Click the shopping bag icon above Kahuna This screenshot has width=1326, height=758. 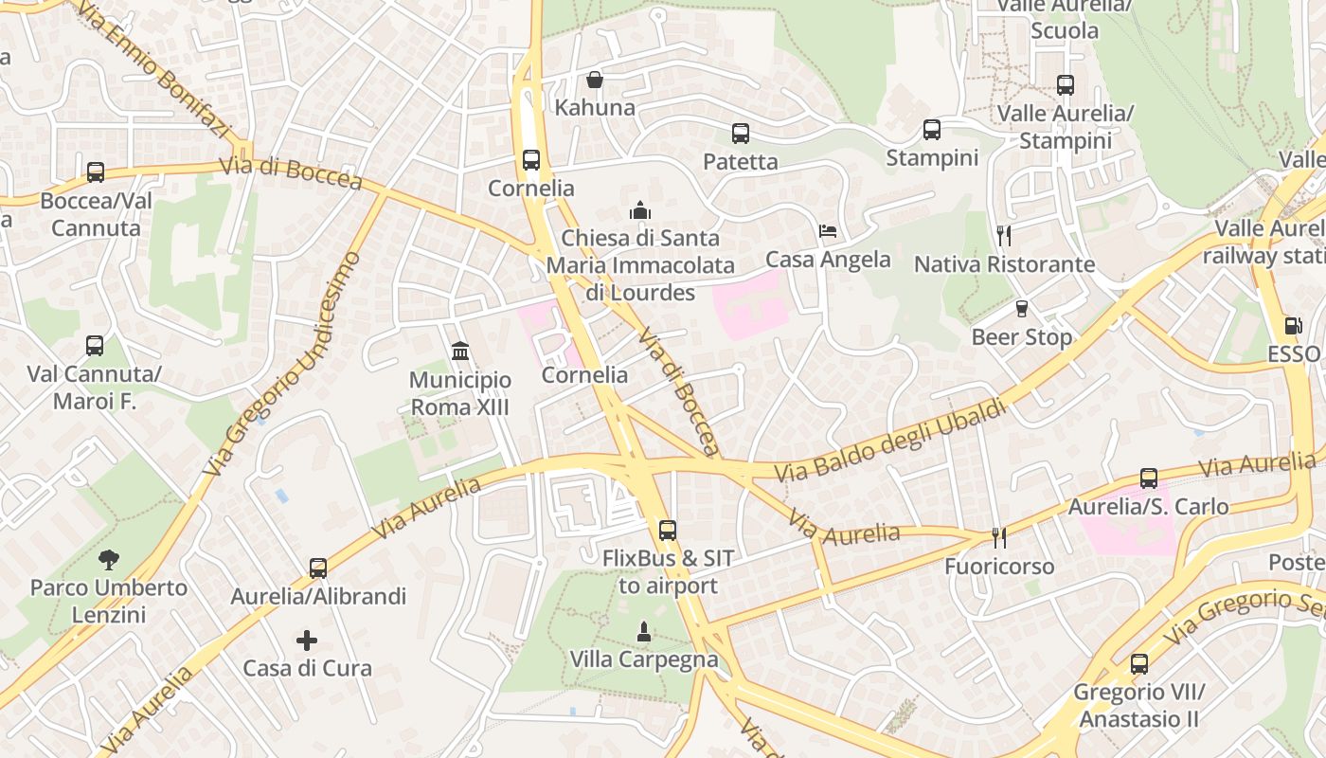coord(594,80)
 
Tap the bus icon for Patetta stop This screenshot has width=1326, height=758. coord(741,134)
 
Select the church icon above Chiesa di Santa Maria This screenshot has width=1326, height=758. coord(640,209)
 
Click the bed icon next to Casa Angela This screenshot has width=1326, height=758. coord(828,231)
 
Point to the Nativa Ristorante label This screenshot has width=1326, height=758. coord(1004,264)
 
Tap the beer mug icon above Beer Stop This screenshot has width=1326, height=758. coord(1021,309)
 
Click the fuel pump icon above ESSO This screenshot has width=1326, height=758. coord(1293,326)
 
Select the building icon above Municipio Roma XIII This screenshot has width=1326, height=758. coord(460,352)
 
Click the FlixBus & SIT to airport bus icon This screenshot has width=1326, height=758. coord(668,531)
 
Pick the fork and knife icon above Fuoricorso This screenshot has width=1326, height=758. coord(998,538)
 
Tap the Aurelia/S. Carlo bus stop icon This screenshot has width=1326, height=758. coord(1149,478)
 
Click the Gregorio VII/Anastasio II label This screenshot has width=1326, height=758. coord(1138,706)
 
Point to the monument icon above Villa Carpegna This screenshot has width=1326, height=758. coord(644,631)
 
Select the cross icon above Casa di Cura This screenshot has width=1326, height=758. coord(307,641)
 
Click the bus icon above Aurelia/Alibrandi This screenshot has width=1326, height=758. coord(318,568)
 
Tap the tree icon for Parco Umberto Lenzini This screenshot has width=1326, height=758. coord(109,559)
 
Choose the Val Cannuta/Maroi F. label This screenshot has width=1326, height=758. coord(94,388)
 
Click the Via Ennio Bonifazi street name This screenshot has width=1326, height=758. coord(152,71)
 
